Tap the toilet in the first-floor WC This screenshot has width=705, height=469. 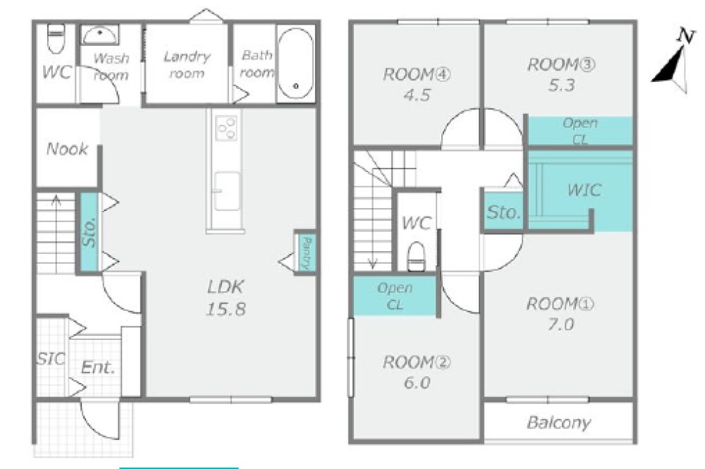coord(56,39)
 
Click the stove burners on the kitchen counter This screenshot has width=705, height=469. coord(226,128)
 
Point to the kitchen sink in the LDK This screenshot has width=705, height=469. coord(227,191)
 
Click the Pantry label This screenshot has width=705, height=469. coord(307,253)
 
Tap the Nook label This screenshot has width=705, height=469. coord(67,149)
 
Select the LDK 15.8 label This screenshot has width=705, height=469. coord(226,298)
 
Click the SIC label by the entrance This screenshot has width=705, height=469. coord(51,359)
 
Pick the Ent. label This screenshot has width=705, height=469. coord(98,368)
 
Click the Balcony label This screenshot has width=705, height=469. coord(558,422)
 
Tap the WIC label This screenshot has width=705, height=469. coord(584,190)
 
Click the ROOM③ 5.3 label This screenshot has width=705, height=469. coord(561,75)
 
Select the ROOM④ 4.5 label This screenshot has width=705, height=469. coord(417,84)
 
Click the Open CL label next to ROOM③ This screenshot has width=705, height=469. coord(580,131)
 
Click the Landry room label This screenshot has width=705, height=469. coord(187,65)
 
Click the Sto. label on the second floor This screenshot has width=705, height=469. coord(503,212)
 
